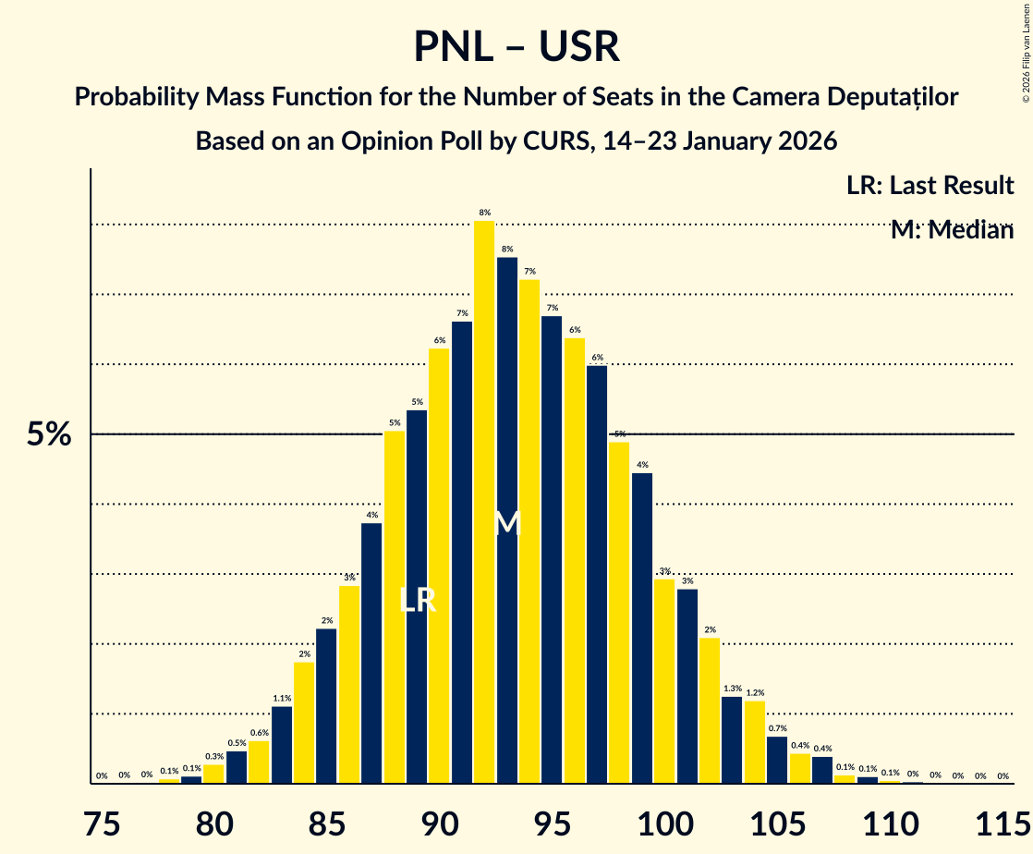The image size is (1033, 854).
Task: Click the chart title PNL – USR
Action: coord(516,46)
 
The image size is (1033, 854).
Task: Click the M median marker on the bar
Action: coord(507,524)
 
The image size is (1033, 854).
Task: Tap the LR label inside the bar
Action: coord(417,601)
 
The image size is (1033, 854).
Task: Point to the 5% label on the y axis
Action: coord(49,434)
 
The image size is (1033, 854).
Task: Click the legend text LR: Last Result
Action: coord(930,185)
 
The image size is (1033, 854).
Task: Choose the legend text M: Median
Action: coord(952,230)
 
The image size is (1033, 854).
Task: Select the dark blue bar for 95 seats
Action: coord(552,550)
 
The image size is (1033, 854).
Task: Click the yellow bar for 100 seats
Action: coord(664,681)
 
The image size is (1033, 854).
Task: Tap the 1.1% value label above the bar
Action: coord(282,699)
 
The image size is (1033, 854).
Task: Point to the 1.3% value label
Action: coord(733,689)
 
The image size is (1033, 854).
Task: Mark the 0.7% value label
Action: coord(777,728)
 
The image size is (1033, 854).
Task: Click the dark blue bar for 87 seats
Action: coord(371,653)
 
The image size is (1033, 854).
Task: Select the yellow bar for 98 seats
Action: coord(619,613)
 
